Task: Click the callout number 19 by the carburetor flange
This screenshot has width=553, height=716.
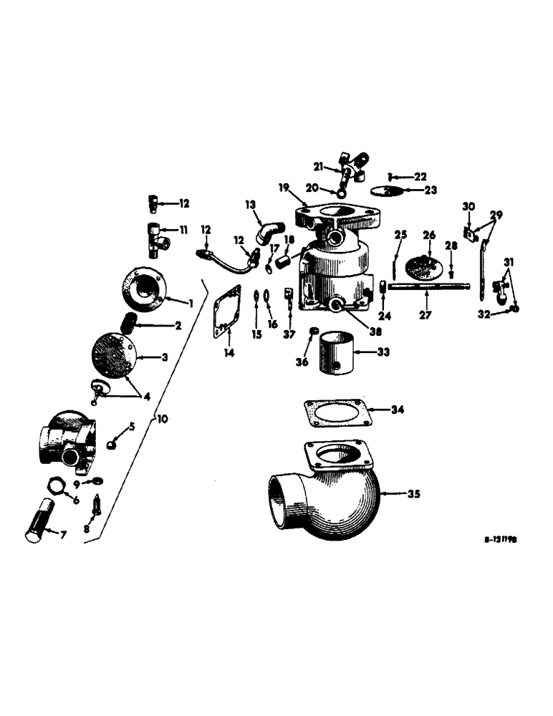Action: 284,188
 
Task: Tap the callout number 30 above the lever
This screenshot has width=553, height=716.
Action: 468,207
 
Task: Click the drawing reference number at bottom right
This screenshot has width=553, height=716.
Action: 499,542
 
